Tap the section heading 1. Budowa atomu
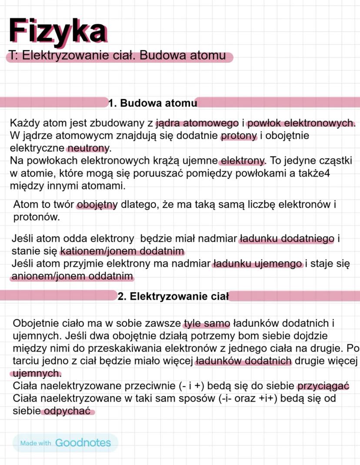153,103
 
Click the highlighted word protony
239,136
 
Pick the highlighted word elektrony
243,161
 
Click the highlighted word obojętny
97,205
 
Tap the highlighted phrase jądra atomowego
197,123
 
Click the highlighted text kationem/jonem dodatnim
122,251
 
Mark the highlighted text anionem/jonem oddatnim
72,276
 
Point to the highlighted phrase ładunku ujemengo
257,264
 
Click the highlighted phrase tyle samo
207,324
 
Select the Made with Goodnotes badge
65,443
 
